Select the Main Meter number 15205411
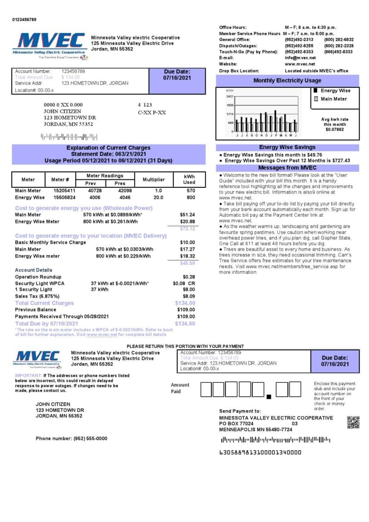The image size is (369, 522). click(64, 191)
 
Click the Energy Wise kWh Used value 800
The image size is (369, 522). click(190, 198)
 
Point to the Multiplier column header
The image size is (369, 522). click(154, 180)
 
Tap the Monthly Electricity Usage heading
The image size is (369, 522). click(287, 81)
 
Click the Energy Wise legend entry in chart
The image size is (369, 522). click(335, 91)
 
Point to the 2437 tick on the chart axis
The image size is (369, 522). click(230, 97)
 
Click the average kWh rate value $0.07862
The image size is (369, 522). click(335, 129)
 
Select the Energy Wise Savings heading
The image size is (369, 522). click(287, 148)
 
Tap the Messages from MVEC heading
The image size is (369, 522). click(287, 168)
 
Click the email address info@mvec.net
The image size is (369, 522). click(300, 58)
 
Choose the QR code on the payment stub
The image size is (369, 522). click(353, 422)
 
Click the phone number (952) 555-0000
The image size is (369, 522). click(71, 438)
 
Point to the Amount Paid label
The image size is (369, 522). click(180, 388)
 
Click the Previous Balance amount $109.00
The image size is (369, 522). click(186, 310)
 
